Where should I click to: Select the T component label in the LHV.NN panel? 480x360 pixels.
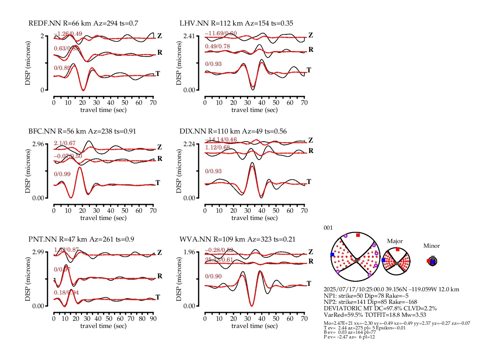(x=309, y=70)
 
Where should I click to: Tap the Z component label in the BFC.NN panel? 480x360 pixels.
(x=159, y=147)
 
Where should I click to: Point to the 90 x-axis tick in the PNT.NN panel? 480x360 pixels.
(x=153, y=319)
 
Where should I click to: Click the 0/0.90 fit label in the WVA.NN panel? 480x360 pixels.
(x=213, y=276)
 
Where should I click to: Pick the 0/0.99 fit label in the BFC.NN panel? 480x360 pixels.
(x=62, y=174)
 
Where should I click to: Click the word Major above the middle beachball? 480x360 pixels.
(x=395, y=241)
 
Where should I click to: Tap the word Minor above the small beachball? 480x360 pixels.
(x=431, y=246)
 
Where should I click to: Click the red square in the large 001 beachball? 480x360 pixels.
(x=358, y=235)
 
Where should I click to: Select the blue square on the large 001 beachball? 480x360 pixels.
(x=332, y=255)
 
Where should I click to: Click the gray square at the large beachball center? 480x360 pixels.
(x=357, y=261)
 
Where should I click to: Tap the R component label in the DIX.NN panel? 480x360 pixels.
(x=311, y=151)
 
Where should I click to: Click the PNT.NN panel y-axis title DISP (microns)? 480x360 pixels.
(x=28, y=279)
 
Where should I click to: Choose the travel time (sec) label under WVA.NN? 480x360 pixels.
(x=254, y=326)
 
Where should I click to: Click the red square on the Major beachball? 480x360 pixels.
(x=397, y=249)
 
